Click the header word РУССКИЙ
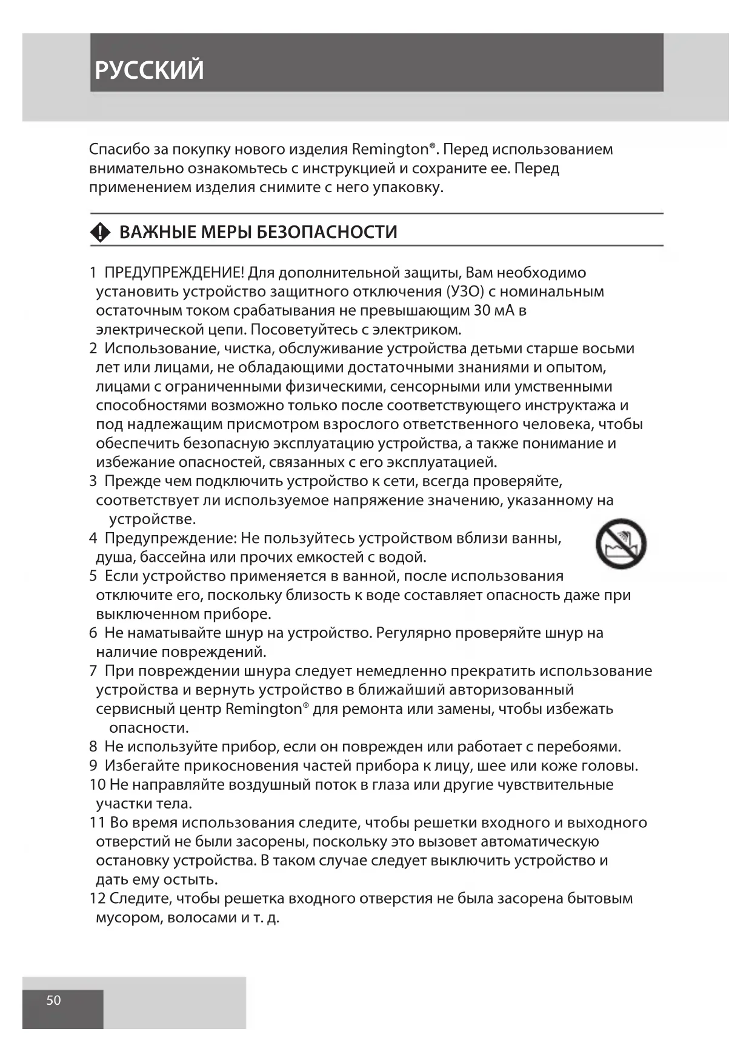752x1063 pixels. click(149, 70)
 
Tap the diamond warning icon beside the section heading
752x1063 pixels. click(100, 232)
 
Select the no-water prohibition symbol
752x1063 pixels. click(621, 543)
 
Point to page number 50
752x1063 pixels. click(53, 1000)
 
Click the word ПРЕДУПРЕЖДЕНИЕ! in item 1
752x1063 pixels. click(175, 273)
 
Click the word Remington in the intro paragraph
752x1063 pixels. click(390, 149)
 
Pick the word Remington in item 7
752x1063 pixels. click(264, 709)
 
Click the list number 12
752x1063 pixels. click(98, 898)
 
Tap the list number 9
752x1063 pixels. click(93, 766)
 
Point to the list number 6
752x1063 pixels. click(93, 633)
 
